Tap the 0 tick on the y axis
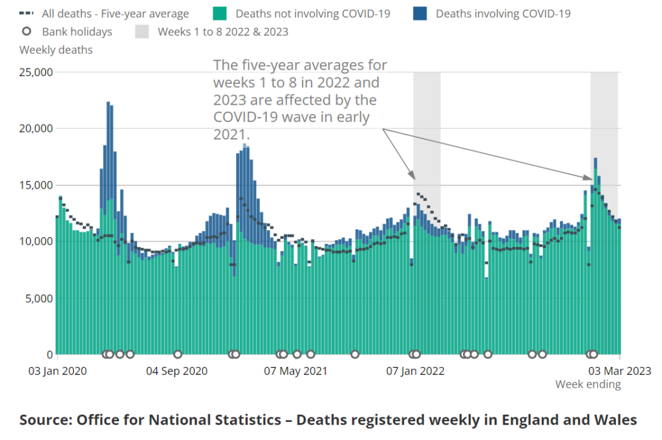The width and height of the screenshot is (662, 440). click(48, 355)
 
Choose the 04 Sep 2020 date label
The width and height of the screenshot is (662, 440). click(176, 371)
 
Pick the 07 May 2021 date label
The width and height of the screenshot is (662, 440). click(296, 371)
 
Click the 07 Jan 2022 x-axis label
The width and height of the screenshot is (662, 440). click(415, 371)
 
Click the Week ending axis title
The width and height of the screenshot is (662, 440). click(588, 384)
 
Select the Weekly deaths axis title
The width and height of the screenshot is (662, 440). click(56, 50)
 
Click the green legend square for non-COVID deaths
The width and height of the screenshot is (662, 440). click(219, 14)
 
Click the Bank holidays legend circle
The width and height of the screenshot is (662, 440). click(27, 32)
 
